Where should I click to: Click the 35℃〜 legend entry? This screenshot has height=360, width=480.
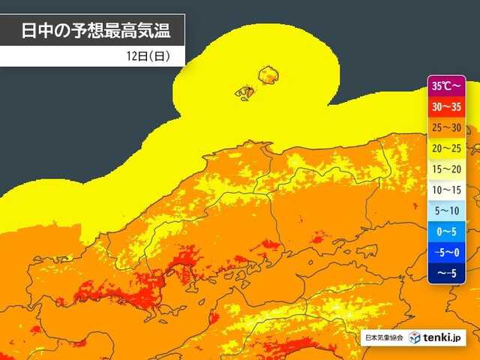[447, 85]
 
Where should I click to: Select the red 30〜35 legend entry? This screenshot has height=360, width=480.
[447, 106]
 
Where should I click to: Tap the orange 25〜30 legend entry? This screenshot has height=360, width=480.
[447, 127]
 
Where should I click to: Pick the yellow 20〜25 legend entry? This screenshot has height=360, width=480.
[447, 148]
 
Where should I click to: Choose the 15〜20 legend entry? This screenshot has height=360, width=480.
[447, 169]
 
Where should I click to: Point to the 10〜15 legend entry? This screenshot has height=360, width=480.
[447, 190]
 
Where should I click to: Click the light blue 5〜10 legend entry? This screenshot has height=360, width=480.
[447, 211]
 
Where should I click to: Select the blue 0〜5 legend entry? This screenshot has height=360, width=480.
[447, 232]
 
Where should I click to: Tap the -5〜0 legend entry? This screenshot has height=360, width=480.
[447, 253]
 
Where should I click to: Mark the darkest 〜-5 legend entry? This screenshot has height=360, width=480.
[447, 274]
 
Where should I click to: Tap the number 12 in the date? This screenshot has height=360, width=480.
[133, 55]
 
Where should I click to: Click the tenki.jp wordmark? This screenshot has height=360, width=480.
[445, 337]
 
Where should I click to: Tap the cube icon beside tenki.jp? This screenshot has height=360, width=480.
[415, 337]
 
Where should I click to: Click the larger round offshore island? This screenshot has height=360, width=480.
[268, 74]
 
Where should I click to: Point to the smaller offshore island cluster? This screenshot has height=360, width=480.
[244, 92]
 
